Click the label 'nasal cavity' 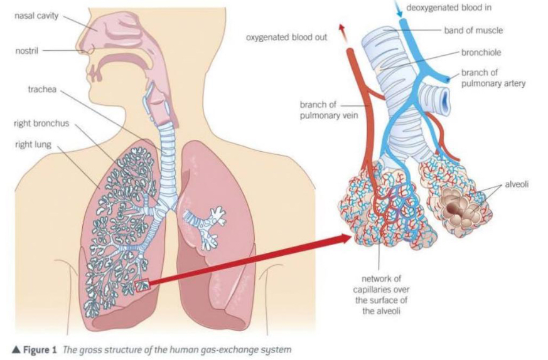(x=37, y=16)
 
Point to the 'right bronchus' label (x=40, y=124)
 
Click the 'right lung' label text (x=33, y=144)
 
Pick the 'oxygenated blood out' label (x=287, y=37)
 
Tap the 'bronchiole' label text (x=481, y=53)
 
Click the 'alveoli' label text (x=518, y=185)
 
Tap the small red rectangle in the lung (x=142, y=285)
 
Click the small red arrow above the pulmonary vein (x=343, y=29)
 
